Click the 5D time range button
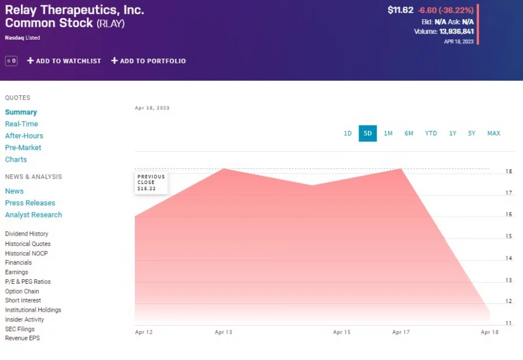point(367,133)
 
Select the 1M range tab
point(388,133)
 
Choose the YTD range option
point(431,133)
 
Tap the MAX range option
point(493,133)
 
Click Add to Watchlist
point(64,61)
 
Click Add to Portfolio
point(148,61)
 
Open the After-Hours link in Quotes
point(24,136)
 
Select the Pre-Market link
point(24,148)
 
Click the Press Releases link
point(30,203)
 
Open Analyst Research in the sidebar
point(34,215)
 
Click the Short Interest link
point(23,301)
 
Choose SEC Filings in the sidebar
point(20,329)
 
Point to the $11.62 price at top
point(400,10)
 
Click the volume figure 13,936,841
point(456,32)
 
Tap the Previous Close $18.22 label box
point(151,183)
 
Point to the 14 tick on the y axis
point(508,258)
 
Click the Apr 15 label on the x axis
point(342,333)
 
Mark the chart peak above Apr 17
point(401,169)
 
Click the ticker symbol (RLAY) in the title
point(110,24)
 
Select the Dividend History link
point(27,234)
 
